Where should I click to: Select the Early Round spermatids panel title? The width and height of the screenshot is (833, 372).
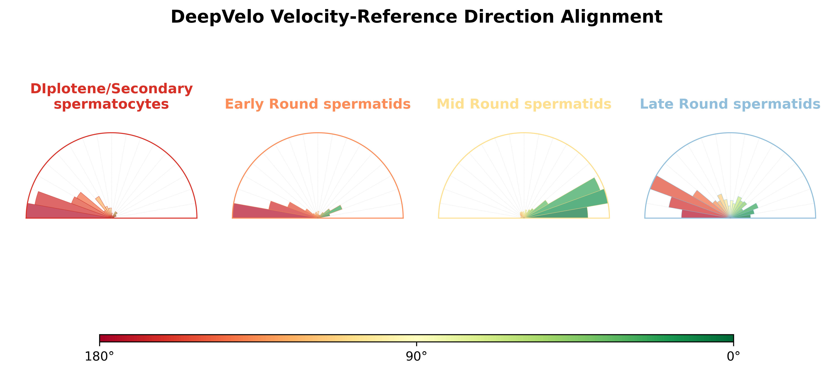click(317, 104)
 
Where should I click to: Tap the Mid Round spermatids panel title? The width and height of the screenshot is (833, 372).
click(524, 104)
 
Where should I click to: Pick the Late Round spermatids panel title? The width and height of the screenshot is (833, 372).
click(730, 104)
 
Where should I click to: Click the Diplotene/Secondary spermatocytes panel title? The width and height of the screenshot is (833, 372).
click(112, 96)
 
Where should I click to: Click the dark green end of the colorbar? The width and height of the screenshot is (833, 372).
click(729, 338)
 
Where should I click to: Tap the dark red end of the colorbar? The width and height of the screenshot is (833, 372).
click(103, 338)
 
